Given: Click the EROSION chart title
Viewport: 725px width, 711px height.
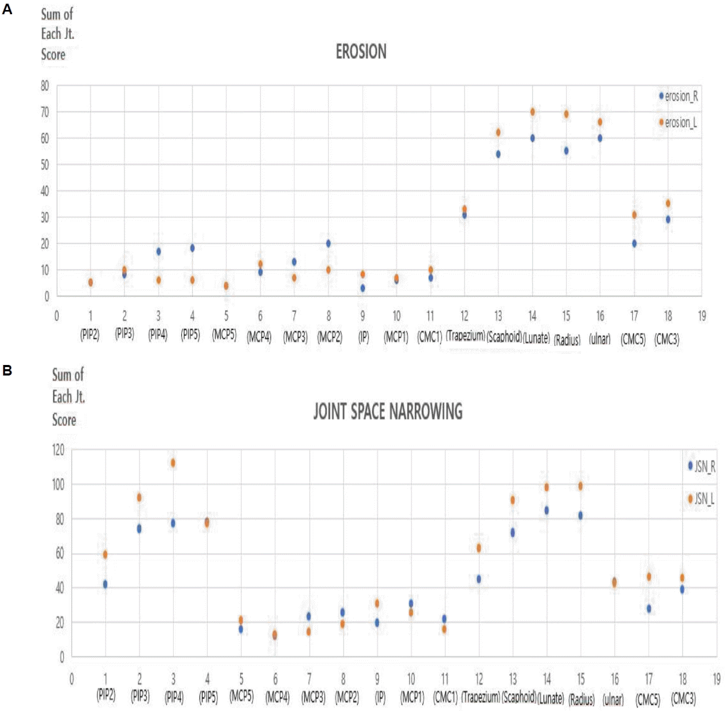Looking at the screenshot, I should (x=361, y=52).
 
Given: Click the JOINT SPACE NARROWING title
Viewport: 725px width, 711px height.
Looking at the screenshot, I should (x=388, y=411).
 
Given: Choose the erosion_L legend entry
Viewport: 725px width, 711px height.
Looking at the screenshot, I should (x=680, y=123).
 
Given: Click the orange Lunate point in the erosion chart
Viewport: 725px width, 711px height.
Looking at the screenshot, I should (x=532, y=112).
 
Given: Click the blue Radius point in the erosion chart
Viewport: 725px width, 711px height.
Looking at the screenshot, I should (x=566, y=151).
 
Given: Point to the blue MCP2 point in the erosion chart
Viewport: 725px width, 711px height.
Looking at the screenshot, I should (x=329, y=243).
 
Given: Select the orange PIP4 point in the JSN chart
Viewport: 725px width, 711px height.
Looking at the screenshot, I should (x=173, y=463).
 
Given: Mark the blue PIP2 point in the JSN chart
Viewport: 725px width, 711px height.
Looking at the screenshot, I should (x=105, y=584).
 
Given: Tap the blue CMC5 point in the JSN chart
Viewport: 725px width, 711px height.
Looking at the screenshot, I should (x=649, y=608).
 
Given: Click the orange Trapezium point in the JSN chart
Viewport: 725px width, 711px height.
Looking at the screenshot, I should (x=479, y=548).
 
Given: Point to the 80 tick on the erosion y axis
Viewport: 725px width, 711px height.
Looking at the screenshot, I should (x=45, y=86).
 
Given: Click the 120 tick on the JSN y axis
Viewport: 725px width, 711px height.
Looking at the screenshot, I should (x=58, y=450).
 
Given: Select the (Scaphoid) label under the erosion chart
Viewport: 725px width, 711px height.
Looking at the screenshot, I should (x=504, y=337).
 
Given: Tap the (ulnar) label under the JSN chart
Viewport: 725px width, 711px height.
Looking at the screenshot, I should (x=613, y=699).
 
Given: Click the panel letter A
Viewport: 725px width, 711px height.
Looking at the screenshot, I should (x=7, y=9).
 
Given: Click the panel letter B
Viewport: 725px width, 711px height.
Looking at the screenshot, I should (x=7, y=370).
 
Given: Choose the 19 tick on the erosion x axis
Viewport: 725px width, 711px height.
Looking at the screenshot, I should (x=702, y=316).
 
